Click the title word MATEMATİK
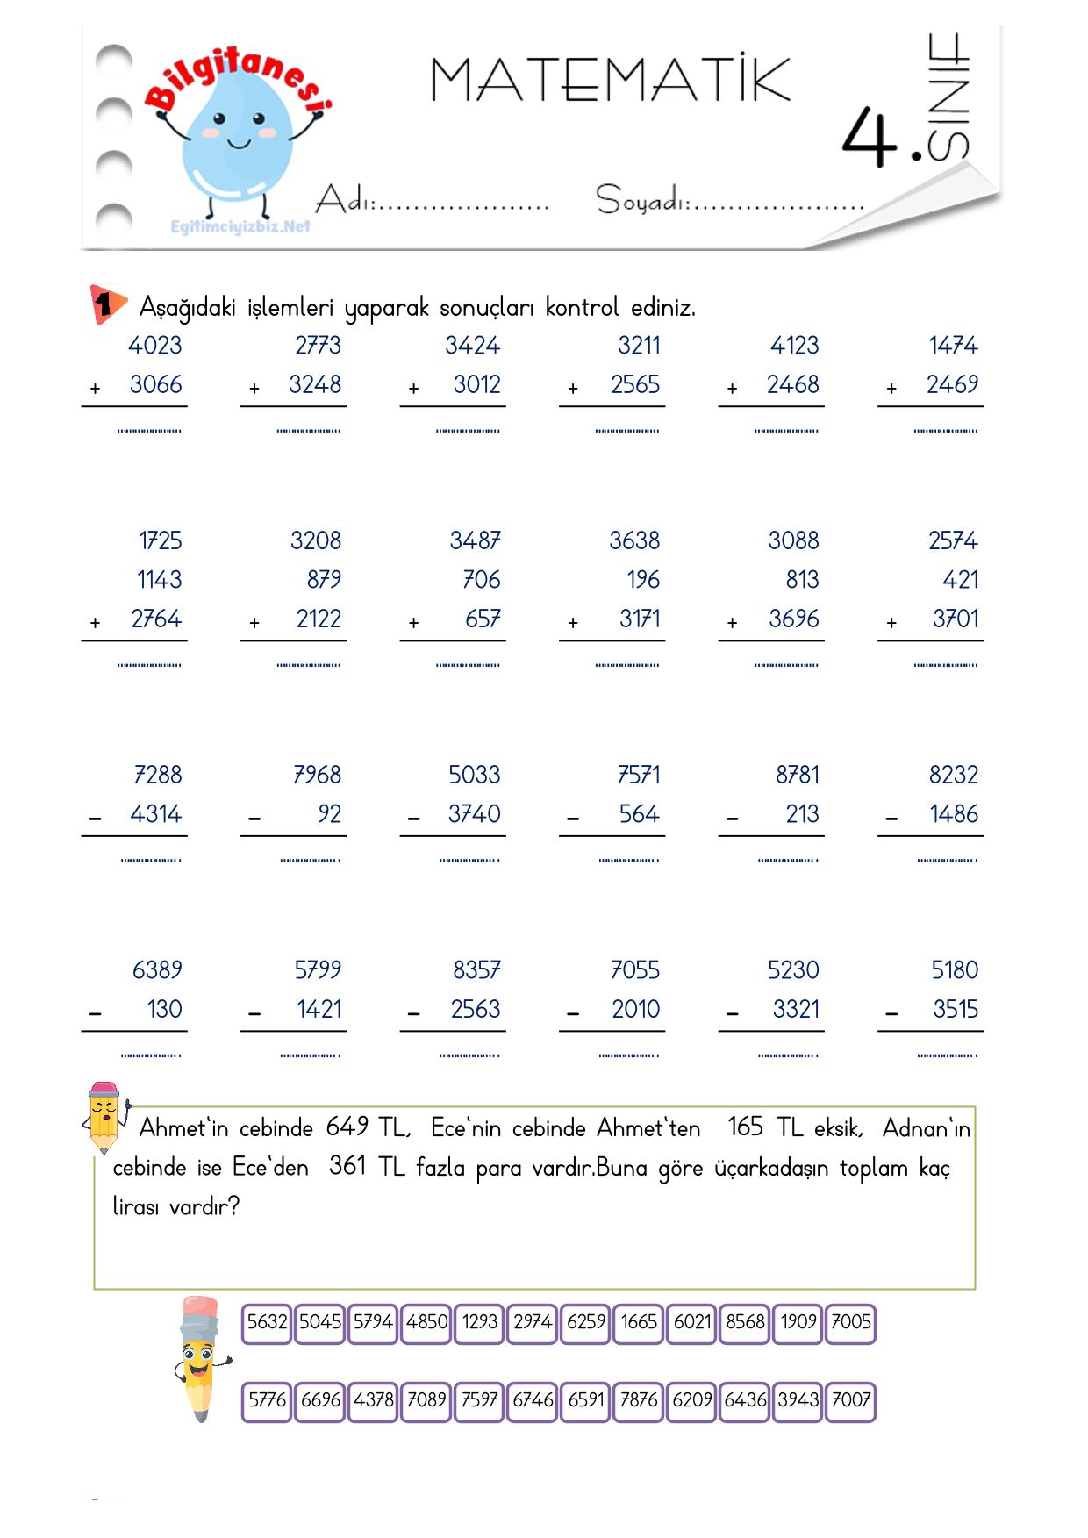point(610,80)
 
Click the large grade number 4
point(869,139)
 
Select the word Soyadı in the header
point(640,200)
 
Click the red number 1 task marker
point(105,304)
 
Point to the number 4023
point(155,346)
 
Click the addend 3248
point(315,385)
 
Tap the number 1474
point(953,346)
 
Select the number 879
point(324,580)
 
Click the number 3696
point(793,619)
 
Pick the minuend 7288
point(158,776)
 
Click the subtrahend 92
point(329,815)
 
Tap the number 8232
point(953,776)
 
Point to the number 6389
point(157,970)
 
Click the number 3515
point(955,1010)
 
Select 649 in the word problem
point(347,1127)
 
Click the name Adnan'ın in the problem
point(926,1128)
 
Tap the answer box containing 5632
point(267,1322)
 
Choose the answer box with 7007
point(850,1400)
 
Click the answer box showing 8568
point(745,1322)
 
